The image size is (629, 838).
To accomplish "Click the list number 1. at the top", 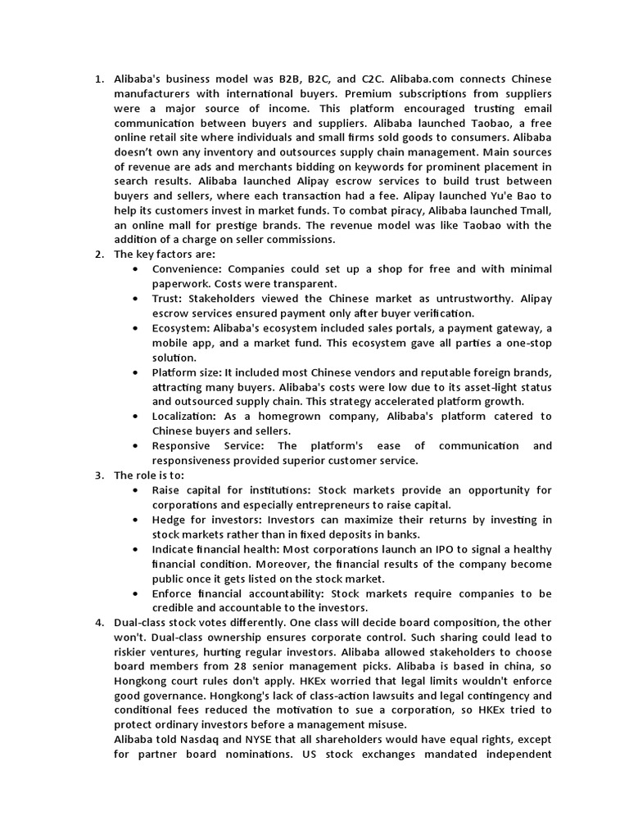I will (99, 79).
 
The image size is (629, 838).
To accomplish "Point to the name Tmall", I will (534, 211).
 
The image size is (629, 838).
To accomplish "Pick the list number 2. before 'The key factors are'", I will (99, 255).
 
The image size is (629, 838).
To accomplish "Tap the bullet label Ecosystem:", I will (182, 328).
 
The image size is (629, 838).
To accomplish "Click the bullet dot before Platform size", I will (135, 372).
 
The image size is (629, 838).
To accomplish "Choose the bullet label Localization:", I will (187, 417).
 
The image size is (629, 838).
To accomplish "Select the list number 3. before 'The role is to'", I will (99, 475).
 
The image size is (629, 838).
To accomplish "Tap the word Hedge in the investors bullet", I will (170, 519).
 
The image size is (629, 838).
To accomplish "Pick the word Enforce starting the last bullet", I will (174, 592).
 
